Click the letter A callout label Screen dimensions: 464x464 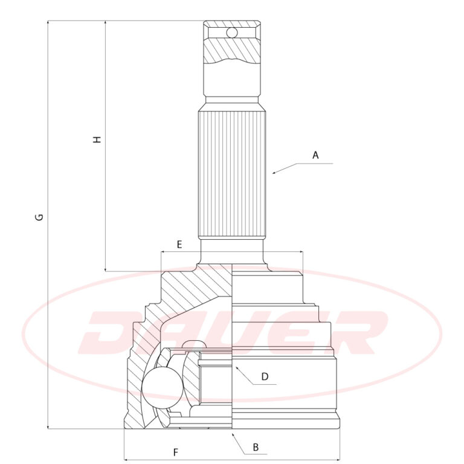click(315, 155)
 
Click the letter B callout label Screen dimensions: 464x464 click(256, 447)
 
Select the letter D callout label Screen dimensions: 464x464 click(265, 376)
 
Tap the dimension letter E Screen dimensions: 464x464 click(179, 245)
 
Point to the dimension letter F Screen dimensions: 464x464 click(176, 453)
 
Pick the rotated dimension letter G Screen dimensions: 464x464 click(39, 217)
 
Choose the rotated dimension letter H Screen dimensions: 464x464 click(97, 140)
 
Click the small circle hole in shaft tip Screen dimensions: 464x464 click(232, 33)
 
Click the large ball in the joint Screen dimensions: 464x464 click(163, 388)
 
